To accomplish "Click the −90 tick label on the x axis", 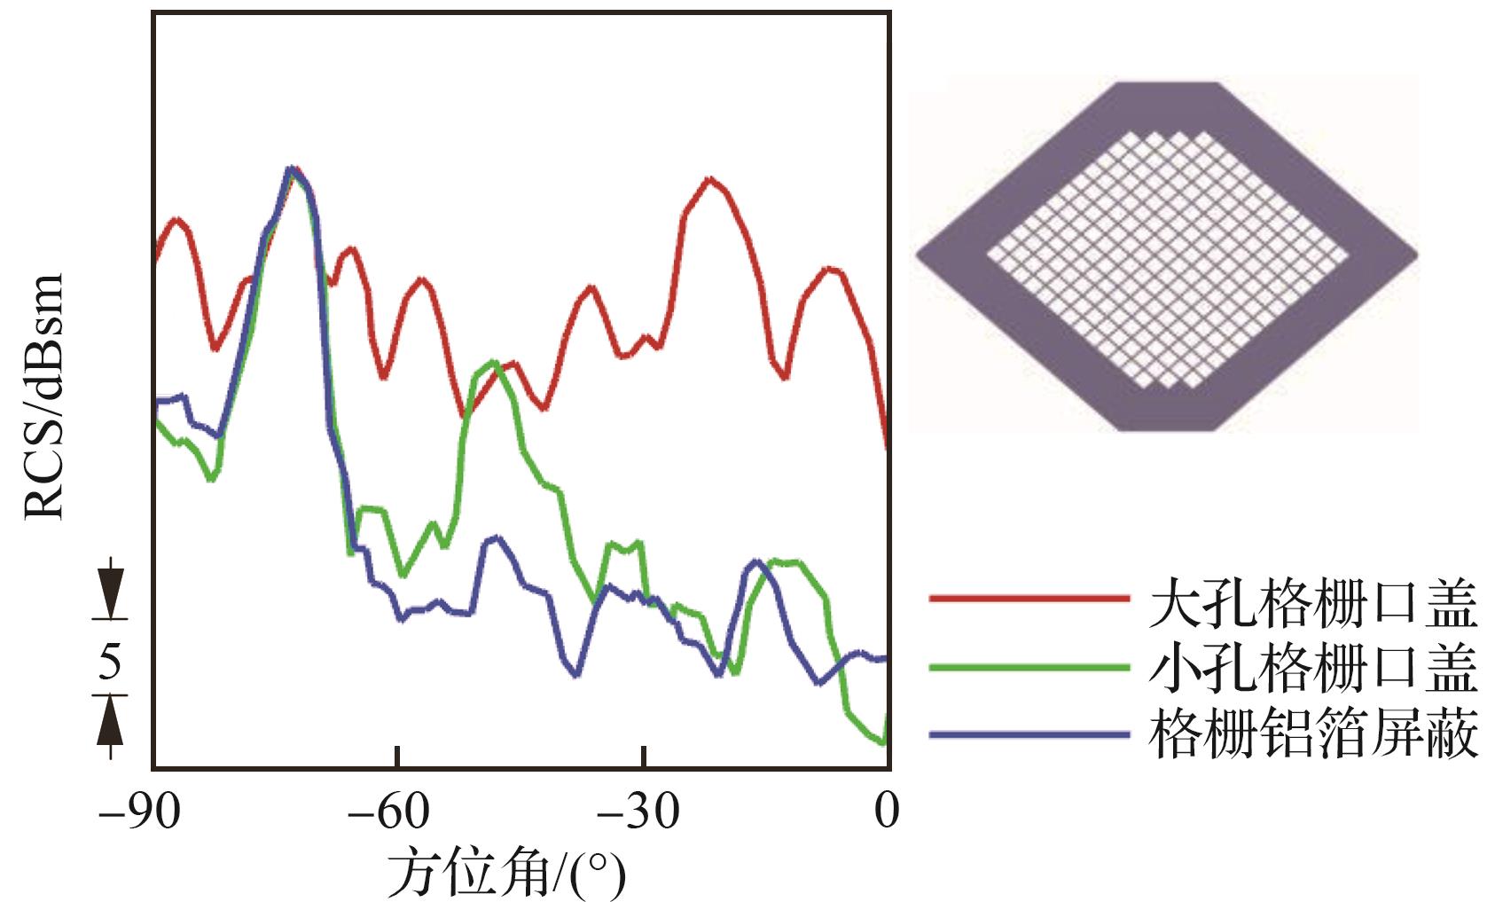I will pos(139,811).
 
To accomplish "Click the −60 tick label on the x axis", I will pos(387,811).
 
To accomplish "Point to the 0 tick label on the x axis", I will pos(886,811).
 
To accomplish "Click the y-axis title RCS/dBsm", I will pos(44,396).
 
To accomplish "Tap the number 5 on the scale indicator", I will pos(109,662).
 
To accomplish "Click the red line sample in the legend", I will pos(1029,599).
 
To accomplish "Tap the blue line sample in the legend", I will pos(1029,733).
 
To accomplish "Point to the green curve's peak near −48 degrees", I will pos(494,363).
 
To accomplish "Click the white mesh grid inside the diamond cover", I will pos(1167,259).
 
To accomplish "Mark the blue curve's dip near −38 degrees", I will pos(577,674).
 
